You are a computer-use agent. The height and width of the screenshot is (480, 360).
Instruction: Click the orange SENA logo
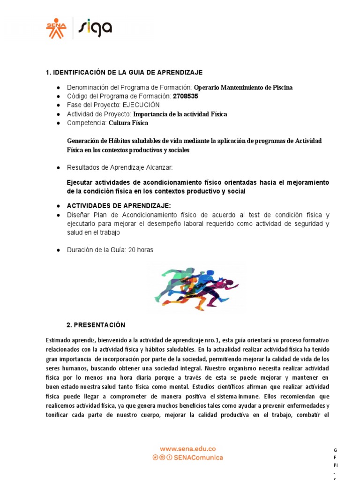[x=56, y=28]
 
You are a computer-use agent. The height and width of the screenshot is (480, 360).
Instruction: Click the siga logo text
[x=95, y=28]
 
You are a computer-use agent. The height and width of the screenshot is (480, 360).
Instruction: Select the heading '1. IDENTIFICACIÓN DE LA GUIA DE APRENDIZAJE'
[x=124, y=72]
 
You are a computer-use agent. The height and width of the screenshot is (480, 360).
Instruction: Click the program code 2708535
[x=186, y=96]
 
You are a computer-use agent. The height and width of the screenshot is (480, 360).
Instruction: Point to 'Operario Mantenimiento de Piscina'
[x=243, y=88]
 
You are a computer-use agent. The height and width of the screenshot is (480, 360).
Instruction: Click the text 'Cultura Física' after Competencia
[x=128, y=123]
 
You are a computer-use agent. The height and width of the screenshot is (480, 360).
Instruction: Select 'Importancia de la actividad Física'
[x=180, y=114]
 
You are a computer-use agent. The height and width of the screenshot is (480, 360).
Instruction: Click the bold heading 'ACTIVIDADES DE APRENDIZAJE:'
[x=119, y=206]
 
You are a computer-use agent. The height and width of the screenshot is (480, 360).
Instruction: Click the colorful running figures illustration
[x=196, y=287]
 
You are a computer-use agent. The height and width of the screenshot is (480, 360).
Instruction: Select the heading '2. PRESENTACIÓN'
[x=96, y=325]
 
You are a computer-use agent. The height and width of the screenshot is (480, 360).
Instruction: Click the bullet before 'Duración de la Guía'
[x=58, y=250]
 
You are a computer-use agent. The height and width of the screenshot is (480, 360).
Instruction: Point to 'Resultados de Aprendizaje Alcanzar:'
[x=120, y=167]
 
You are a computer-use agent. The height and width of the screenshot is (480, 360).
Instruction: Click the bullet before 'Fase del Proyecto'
[x=58, y=105]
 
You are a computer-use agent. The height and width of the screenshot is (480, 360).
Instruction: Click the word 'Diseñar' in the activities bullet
[x=79, y=215]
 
